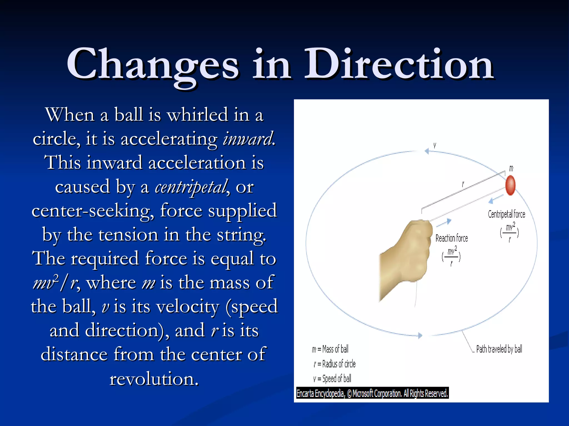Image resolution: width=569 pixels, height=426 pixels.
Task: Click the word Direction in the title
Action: [x=399, y=64]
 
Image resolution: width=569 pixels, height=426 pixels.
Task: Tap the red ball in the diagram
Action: [x=510, y=185]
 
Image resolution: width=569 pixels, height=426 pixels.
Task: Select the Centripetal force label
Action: [x=506, y=214]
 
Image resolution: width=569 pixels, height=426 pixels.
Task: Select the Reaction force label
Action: [x=451, y=238]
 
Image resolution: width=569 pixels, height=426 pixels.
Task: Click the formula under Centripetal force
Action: [x=509, y=232]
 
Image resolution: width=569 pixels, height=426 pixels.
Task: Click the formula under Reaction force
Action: [x=451, y=257]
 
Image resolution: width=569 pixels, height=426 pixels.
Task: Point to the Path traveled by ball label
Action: [x=499, y=349]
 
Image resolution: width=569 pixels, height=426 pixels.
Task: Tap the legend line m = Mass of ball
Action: [x=330, y=349]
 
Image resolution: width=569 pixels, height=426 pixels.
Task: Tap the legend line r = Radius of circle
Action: [x=335, y=364]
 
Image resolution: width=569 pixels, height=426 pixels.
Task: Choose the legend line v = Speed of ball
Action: [x=332, y=379]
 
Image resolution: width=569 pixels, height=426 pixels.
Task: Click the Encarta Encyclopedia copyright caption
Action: [x=372, y=393]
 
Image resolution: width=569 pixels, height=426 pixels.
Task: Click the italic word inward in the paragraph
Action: [x=248, y=139]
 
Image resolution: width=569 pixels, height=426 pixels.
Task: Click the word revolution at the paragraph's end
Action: [x=154, y=379]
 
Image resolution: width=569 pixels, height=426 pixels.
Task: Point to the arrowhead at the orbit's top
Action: [x=427, y=151]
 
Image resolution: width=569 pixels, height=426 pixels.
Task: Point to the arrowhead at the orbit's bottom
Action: [x=420, y=336]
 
